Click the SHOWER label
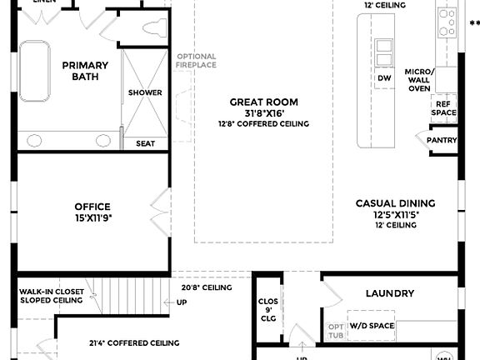pyautogui.click(x=145, y=92)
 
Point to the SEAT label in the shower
pyautogui.click(x=145, y=143)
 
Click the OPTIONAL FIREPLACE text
pyautogui.click(x=196, y=61)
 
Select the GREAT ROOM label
pyautogui.click(x=263, y=102)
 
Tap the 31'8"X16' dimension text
pyautogui.click(x=263, y=113)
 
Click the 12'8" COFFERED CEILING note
pyautogui.click(x=263, y=124)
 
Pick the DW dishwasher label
pyautogui.click(x=384, y=78)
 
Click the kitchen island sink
pyautogui.click(x=384, y=52)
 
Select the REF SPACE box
pyautogui.click(x=443, y=107)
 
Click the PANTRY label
pyautogui.click(x=442, y=140)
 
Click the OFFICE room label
pyautogui.click(x=92, y=207)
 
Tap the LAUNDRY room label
pyautogui.click(x=390, y=293)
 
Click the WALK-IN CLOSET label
pyautogui.click(x=52, y=292)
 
